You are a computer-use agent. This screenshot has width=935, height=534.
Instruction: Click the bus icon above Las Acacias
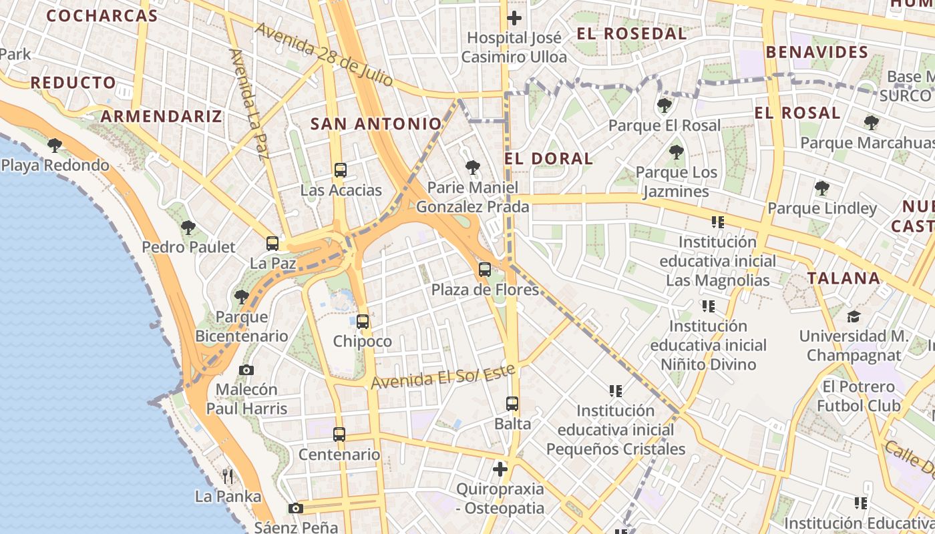click(x=341, y=170)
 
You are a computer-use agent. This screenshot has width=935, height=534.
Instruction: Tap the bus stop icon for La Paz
click(x=272, y=244)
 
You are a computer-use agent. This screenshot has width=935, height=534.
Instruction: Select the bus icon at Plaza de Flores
click(x=485, y=270)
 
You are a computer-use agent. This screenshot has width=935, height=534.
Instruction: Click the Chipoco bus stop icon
click(x=363, y=322)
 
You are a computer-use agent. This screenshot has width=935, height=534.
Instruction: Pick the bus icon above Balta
click(x=512, y=404)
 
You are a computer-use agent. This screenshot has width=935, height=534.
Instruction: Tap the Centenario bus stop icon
click(x=339, y=435)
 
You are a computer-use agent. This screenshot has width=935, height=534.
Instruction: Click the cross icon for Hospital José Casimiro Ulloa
click(x=514, y=18)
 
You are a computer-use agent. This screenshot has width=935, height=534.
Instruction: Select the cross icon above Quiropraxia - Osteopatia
click(x=500, y=469)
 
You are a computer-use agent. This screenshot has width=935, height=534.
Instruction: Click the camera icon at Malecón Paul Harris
click(x=246, y=370)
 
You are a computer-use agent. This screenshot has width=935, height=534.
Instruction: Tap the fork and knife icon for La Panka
click(x=228, y=476)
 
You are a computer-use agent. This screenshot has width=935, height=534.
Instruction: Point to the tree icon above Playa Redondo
click(x=55, y=145)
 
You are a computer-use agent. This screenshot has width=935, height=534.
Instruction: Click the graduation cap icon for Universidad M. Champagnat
click(x=854, y=316)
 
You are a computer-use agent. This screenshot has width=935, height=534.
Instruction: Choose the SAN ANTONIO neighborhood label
click(x=376, y=123)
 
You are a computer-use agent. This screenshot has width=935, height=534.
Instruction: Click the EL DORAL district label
click(x=548, y=158)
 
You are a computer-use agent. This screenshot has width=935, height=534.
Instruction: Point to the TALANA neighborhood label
click(x=844, y=278)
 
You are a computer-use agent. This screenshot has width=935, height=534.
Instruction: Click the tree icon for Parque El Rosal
click(x=664, y=105)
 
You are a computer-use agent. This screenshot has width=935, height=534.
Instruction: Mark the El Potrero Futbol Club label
click(x=858, y=396)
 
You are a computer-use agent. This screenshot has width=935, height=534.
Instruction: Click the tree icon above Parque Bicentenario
click(x=241, y=296)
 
